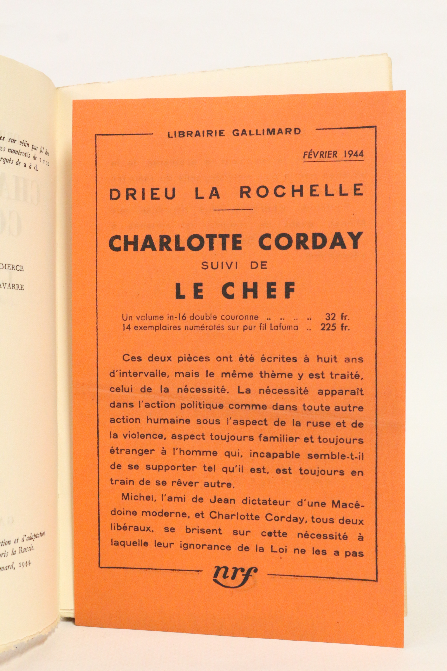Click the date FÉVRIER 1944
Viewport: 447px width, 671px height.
tap(334, 154)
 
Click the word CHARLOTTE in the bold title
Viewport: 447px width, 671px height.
tap(175, 242)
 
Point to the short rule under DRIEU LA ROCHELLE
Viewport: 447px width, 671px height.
tap(233, 209)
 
